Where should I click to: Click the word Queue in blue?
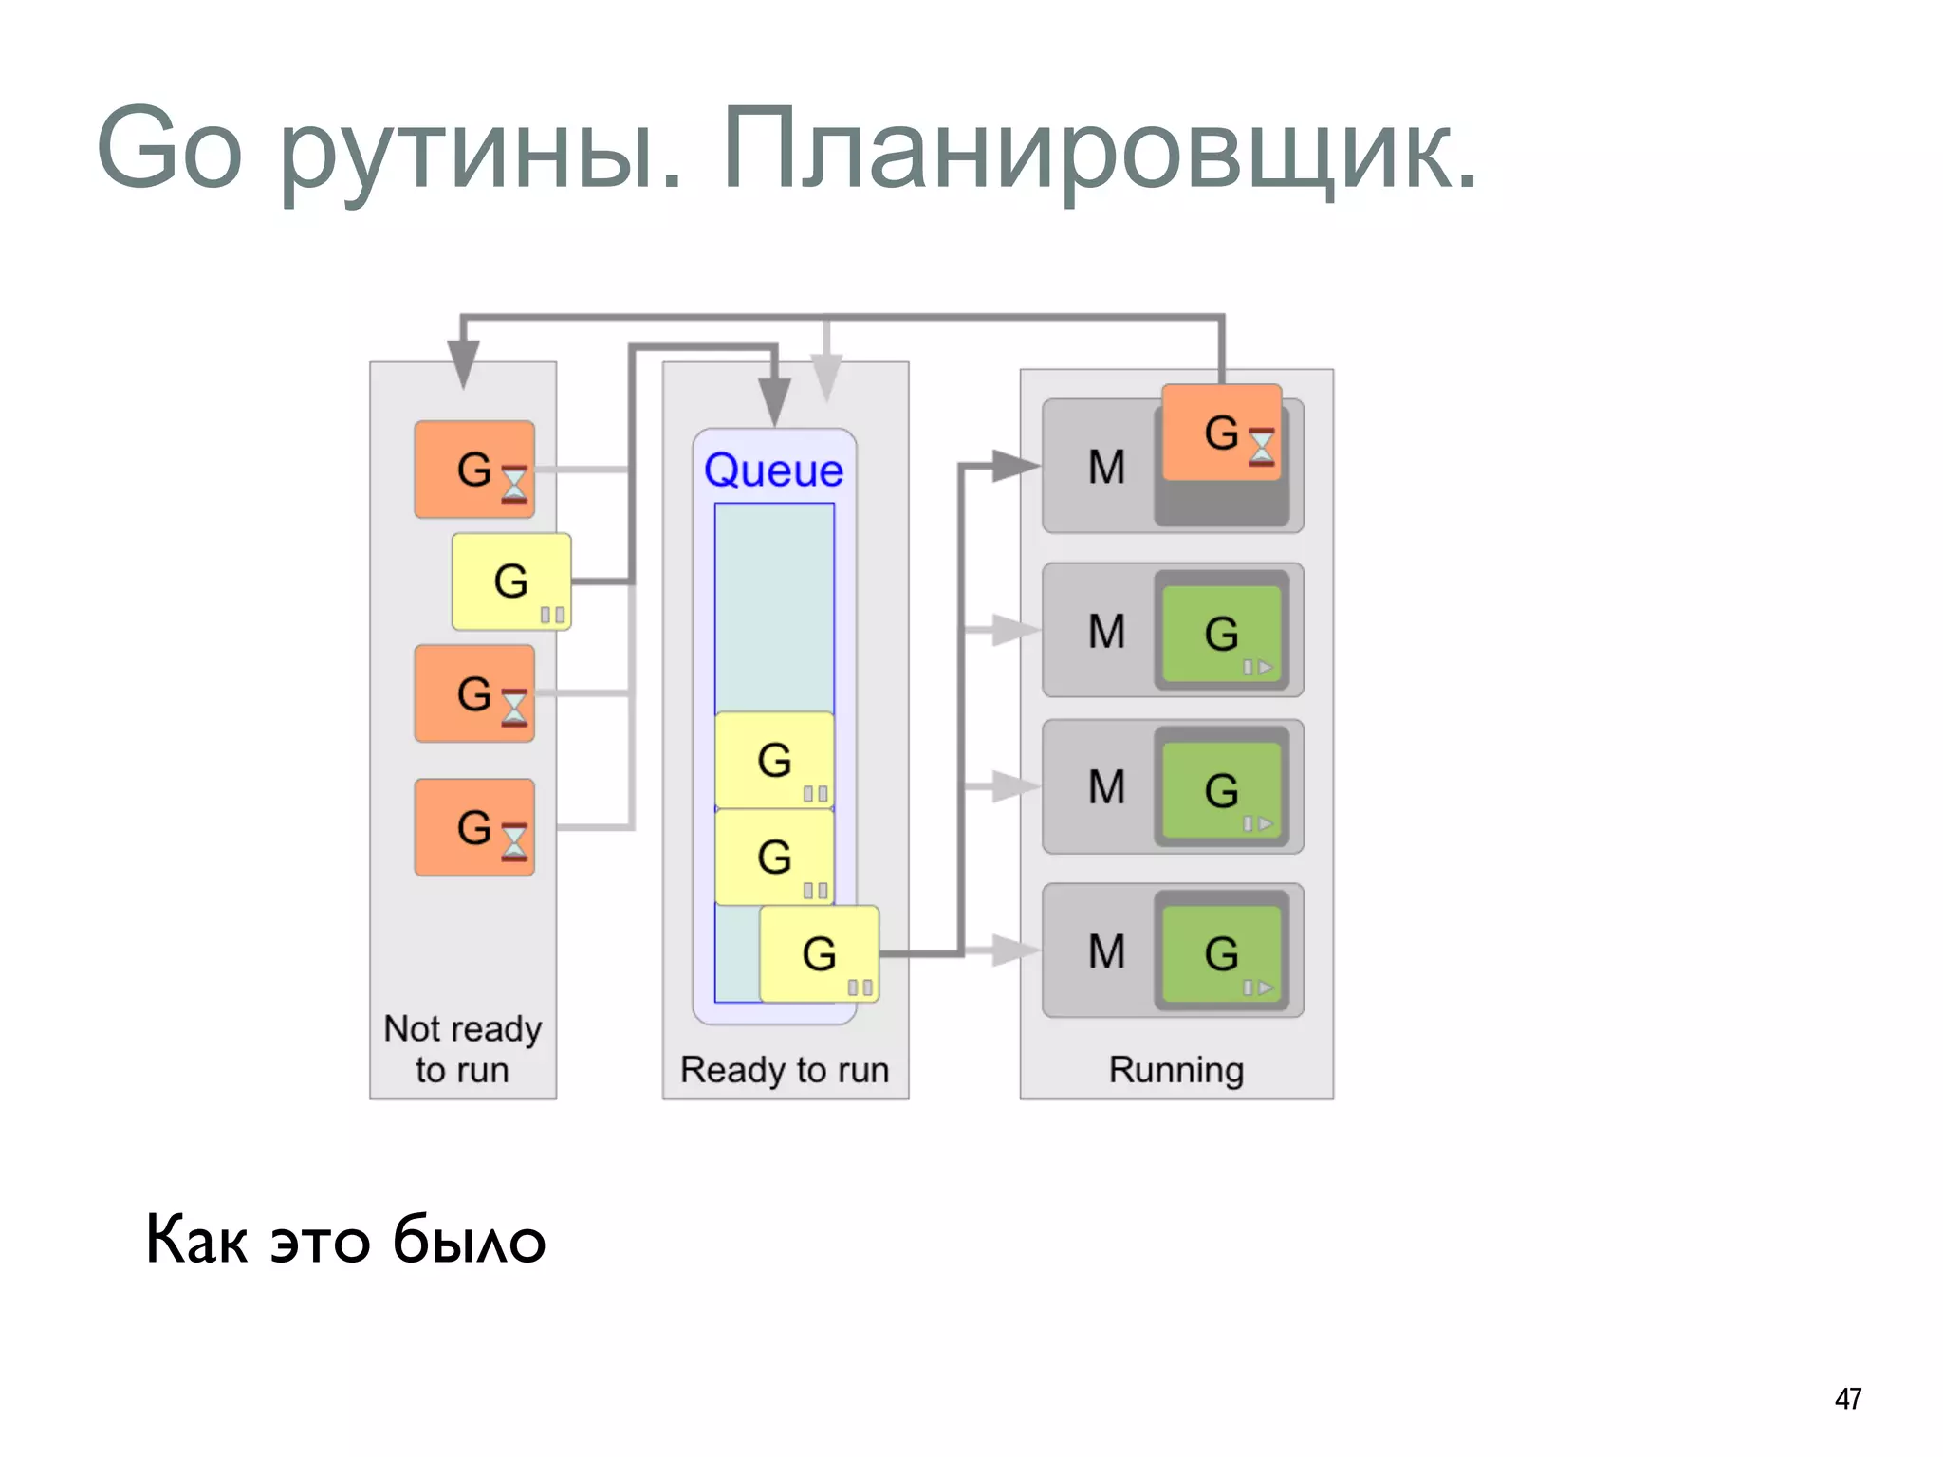(x=773, y=470)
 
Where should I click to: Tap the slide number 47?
(x=1847, y=1398)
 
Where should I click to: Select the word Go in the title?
(x=170, y=149)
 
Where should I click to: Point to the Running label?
(x=1175, y=1069)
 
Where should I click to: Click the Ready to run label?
(x=785, y=1069)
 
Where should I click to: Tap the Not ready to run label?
(x=462, y=1049)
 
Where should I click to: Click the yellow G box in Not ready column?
(x=511, y=581)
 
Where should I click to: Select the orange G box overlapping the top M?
(x=1221, y=433)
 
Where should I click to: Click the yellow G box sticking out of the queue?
(x=820, y=953)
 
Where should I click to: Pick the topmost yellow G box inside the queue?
(x=774, y=759)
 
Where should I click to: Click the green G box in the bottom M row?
(x=1221, y=952)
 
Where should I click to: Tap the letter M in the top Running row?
(x=1106, y=467)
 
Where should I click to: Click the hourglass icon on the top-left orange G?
(x=513, y=484)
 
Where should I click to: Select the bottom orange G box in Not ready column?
(x=474, y=827)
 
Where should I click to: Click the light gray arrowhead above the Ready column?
(x=826, y=378)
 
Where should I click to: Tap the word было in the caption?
(x=469, y=1240)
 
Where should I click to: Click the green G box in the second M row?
(x=1221, y=633)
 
